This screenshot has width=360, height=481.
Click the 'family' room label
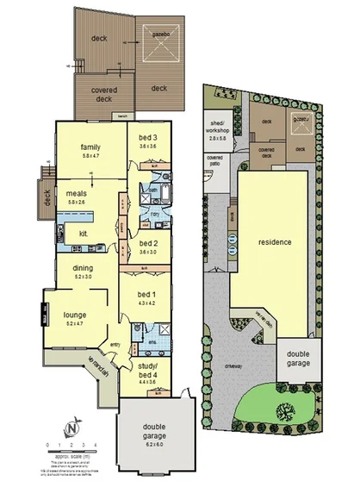[92, 146]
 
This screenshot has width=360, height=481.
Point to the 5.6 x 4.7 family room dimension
[92, 157]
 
